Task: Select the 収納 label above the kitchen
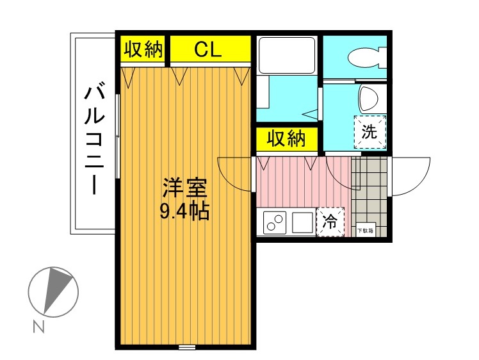(x=286, y=139)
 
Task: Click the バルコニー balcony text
(x=95, y=140)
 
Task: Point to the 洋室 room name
(x=185, y=188)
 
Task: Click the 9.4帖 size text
(x=185, y=211)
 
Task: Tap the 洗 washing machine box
(x=370, y=132)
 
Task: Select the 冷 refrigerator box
(x=330, y=222)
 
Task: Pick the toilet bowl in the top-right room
(x=367, y=58)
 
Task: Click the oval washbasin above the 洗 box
(x=369, y=98)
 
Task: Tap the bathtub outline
(x=286, y=55)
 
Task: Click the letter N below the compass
(x=39, y=327)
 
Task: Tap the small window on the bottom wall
(x=187, y=347)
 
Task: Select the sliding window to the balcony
(x=118, y=136)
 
